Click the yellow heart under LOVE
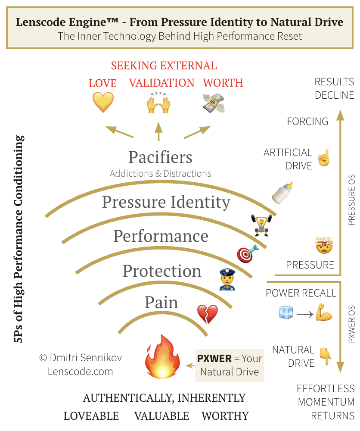[103, 102]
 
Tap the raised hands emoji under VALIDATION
[158, 103]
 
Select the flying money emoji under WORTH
[214, 103]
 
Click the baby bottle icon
[282, 193]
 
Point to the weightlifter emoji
[261, 225]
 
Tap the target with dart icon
[248, 253]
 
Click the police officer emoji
[227, 279]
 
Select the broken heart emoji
[208, 314]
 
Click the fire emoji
[163, 357]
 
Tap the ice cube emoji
[286, 312]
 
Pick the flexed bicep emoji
[324, 312]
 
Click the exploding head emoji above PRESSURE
[324, 245]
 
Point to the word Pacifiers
[160, 157]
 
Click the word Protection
[162, 271]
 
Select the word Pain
[161, 303]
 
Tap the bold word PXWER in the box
[214, 359]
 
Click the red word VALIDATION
[162, 83]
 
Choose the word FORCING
[307, 121]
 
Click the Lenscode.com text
[80, 372]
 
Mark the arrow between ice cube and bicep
[305, 314]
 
